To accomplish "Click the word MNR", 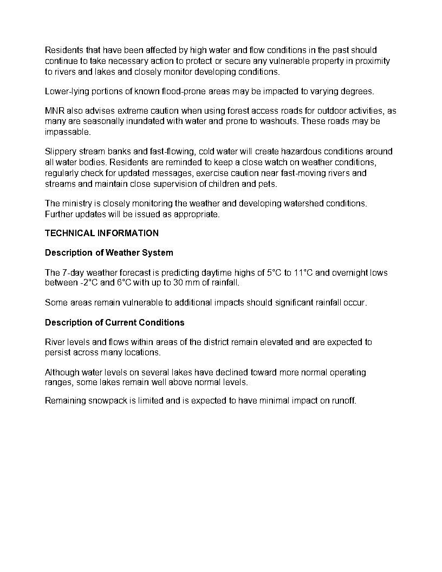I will point(54,111).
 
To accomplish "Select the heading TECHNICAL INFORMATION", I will point(102,233).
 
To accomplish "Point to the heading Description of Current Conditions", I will point(114,323).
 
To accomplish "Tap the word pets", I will point(268,184).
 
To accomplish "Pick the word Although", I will point(62,373).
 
